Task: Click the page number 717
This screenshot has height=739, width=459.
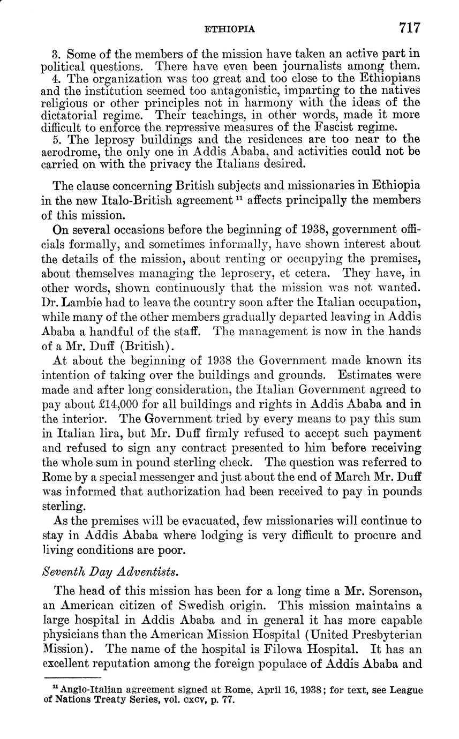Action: coord(409,28)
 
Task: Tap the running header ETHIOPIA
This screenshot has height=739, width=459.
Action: coord(230,29)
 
